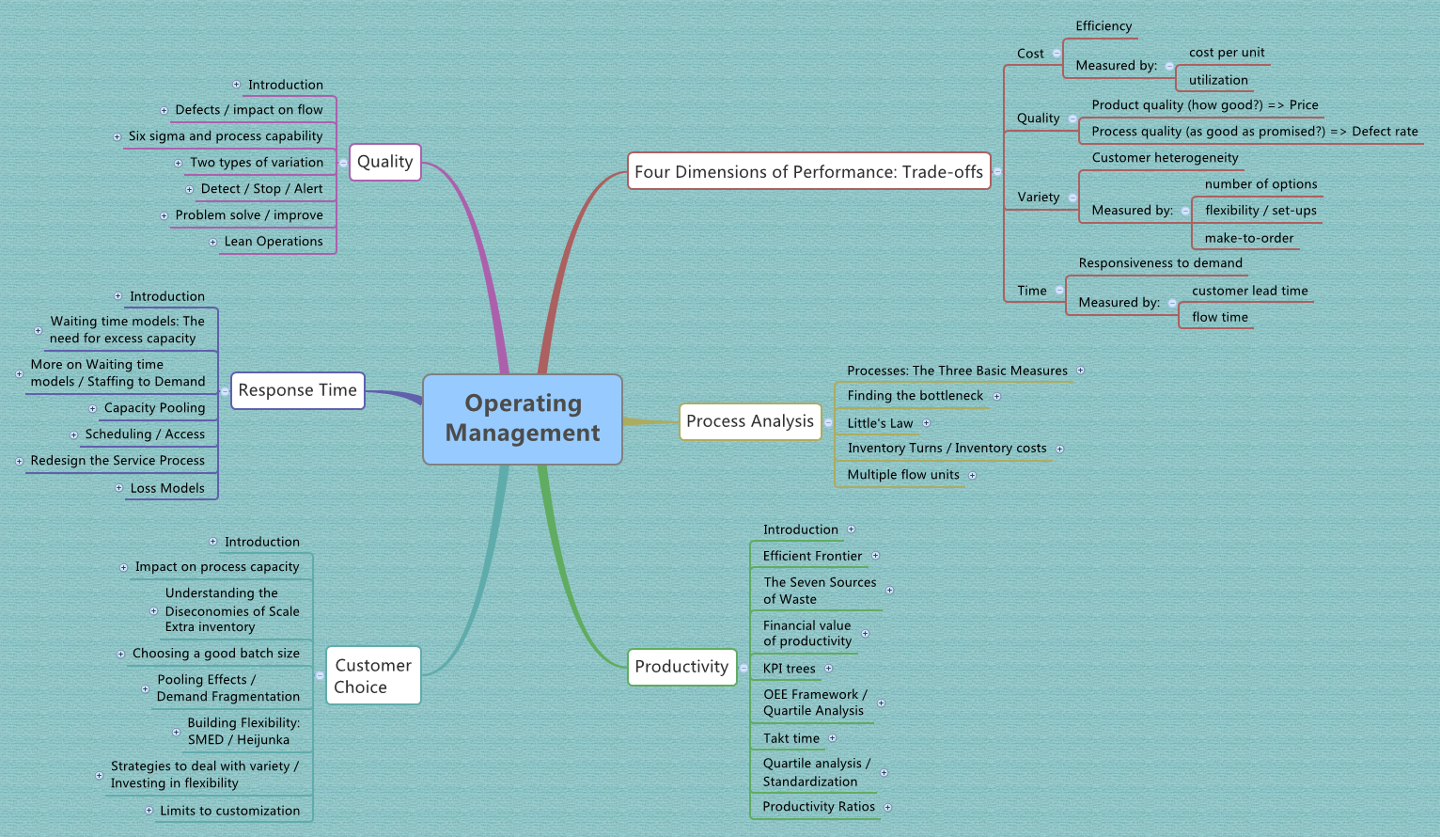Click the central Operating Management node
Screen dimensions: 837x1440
(x=523, y=418)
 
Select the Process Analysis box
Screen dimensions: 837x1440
(x=750, y=421)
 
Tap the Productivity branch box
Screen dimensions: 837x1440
(x=681, y=667)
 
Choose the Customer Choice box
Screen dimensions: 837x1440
(x=373, y=675)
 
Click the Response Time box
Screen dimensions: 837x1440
(x=297, y=390)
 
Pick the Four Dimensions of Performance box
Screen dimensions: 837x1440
(x=808, y=171)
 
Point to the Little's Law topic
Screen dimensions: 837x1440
(x=880, y=423)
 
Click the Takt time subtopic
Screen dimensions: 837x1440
(x=791, y=738)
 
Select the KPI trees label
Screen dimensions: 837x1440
(x=790, y=669)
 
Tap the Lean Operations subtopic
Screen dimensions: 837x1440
(x=274, y=242)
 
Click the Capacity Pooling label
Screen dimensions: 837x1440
(x=154, y=408)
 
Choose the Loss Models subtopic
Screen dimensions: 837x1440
(x=167, y=488)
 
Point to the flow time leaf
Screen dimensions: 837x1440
(x=1220, y=317)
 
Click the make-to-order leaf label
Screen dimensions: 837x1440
(x=1249, y=238)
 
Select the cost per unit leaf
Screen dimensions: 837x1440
(x=1227, y=53)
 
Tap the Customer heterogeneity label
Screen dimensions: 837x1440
(x=1165, y=158)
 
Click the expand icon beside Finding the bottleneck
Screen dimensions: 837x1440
(x=997, y=396)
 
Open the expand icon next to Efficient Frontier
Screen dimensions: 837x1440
(x=875, y=556)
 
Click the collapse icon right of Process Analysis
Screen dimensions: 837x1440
(x=828, y=422)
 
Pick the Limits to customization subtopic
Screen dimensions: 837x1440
(x=230, y=811)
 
